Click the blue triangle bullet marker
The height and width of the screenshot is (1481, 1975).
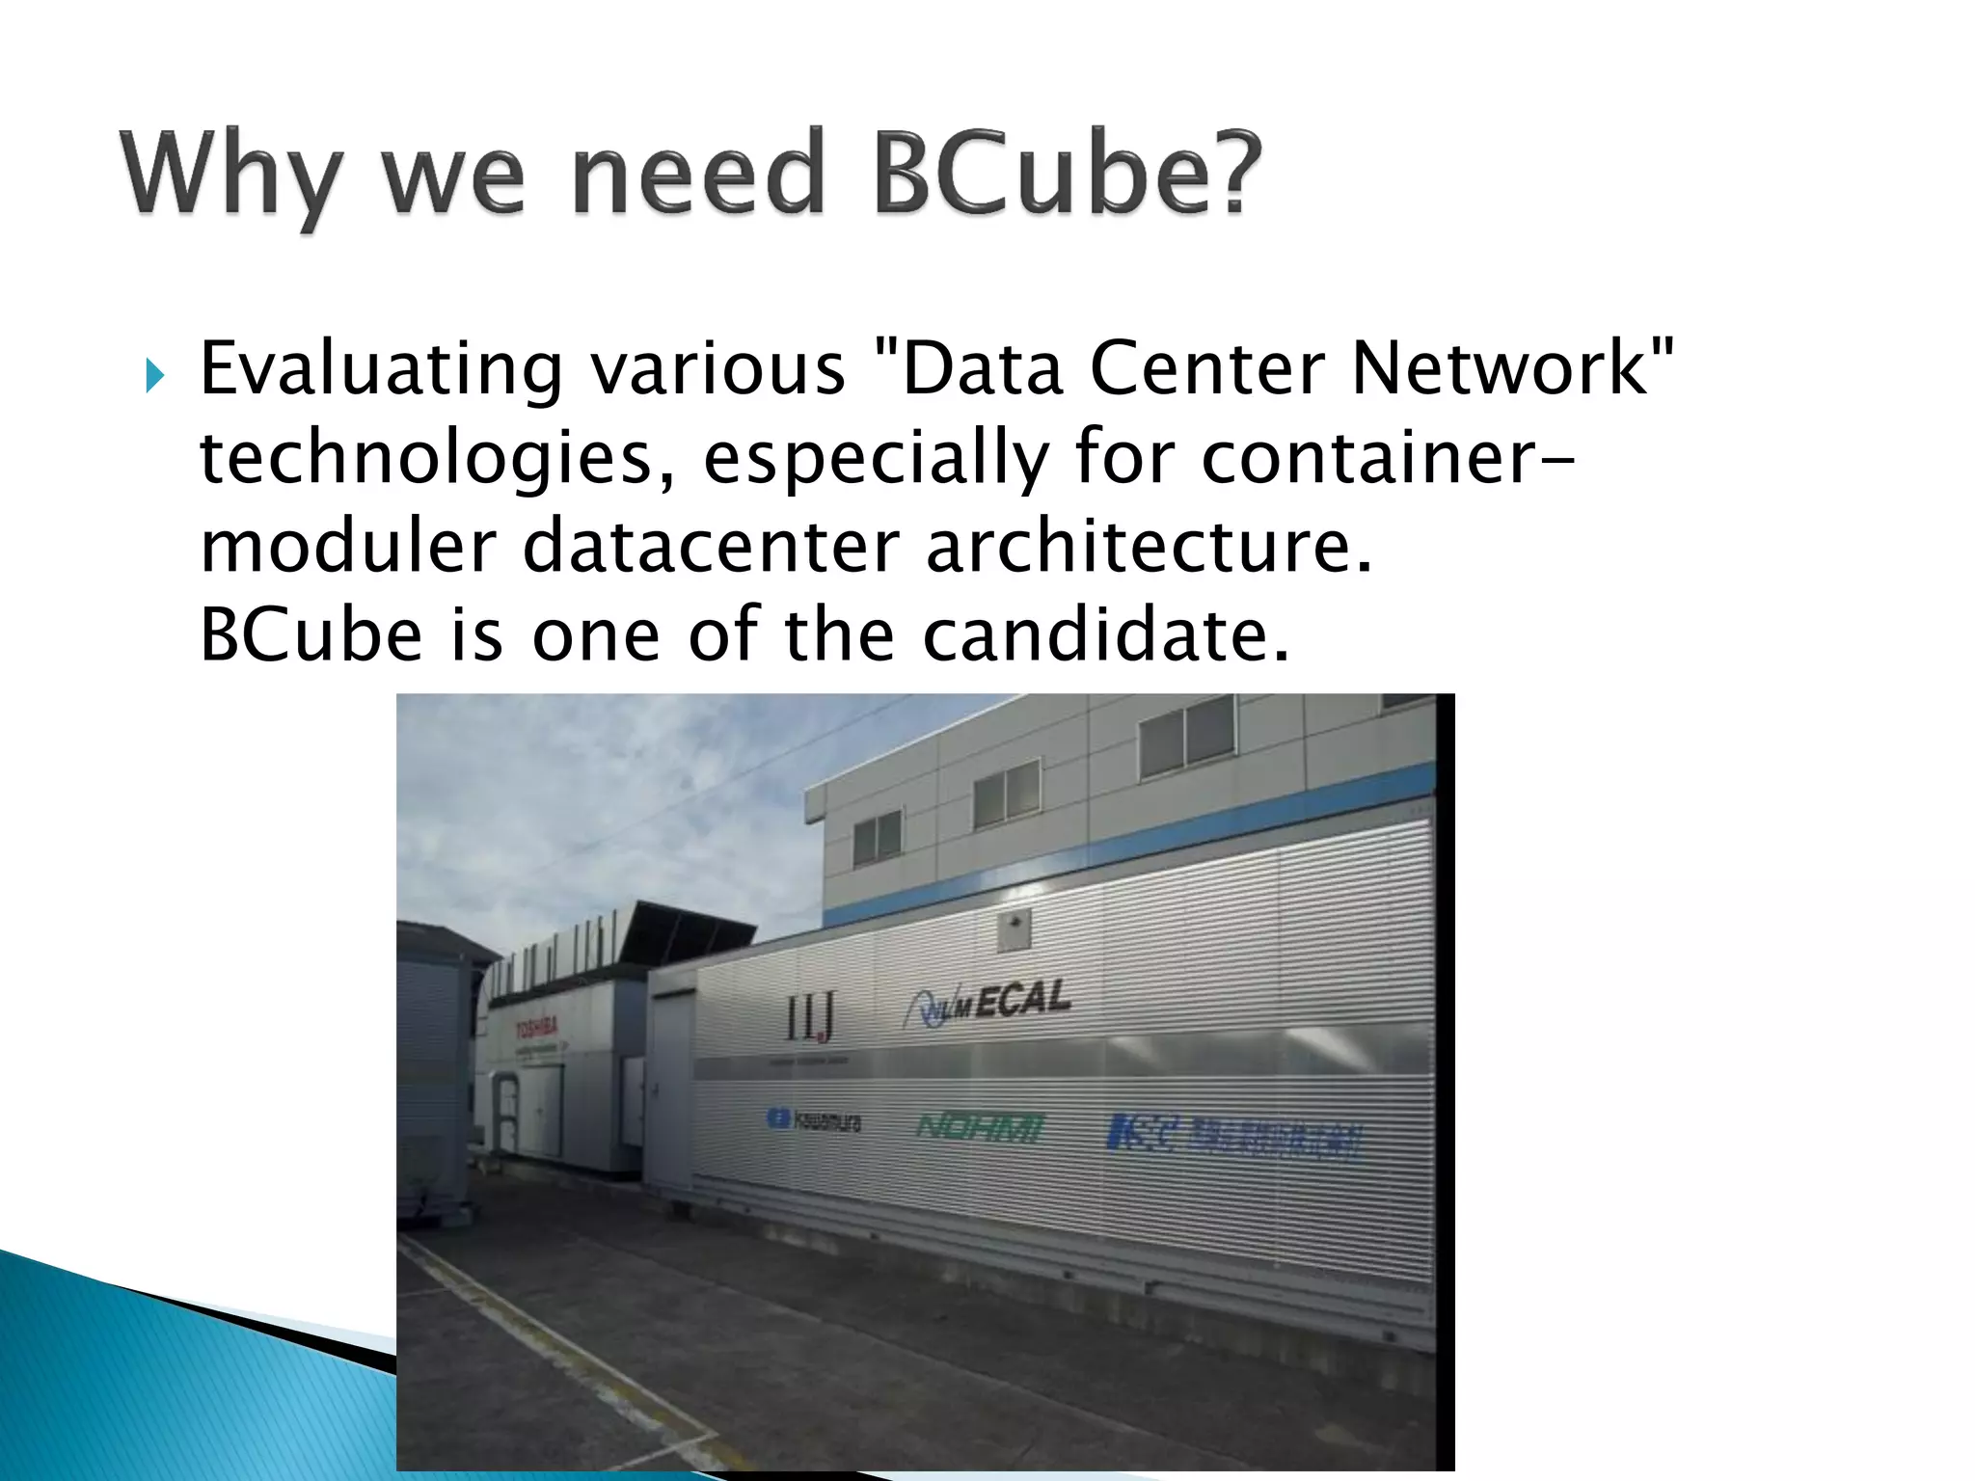pos(154,375)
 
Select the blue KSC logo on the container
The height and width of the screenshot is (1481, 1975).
pos(1235,1138)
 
